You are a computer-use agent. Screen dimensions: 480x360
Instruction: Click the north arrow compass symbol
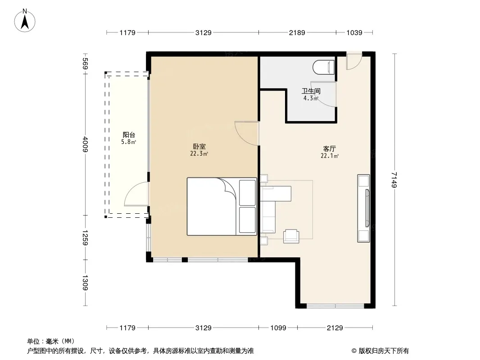(25, 21)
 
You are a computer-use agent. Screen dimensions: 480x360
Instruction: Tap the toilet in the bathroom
(324, 67)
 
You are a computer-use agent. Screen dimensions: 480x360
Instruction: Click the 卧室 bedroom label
(199, 147)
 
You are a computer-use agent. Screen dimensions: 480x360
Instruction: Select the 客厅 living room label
(330, 149)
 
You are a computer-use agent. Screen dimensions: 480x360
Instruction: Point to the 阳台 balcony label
(129, 135)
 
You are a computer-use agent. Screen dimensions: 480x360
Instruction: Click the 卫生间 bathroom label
(311, 91)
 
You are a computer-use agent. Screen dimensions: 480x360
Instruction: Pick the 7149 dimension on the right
(394, 180)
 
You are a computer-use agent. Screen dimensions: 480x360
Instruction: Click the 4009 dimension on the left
(86, 144)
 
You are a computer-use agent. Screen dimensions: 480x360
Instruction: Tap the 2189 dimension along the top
(297, 33)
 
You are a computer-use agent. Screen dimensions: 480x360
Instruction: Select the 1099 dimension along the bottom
(278, 328)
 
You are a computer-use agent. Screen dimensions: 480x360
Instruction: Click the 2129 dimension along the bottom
(335, 328)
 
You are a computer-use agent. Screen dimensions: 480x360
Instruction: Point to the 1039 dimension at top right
(354, 33)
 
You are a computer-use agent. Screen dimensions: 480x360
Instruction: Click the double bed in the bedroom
(222, 207)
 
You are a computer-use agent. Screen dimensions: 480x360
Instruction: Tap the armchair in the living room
(291, 236)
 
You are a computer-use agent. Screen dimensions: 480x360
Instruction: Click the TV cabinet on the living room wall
(364, 208)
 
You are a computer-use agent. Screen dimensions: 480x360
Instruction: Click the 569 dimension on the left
(86, 63)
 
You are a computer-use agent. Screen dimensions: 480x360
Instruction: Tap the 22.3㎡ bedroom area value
(199, 154)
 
